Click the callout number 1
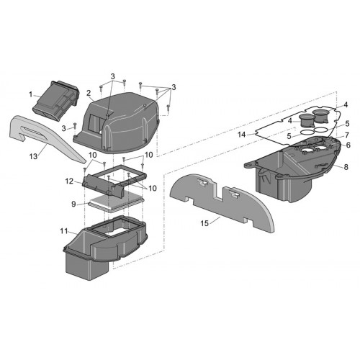click(31, 94)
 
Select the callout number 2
click(89, 93)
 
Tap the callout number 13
click(33, 156)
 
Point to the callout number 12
click(69, 181)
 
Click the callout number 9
click(73, 204)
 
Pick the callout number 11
click(64, 231)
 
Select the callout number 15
click(204, 223)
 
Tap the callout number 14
click(242, 135)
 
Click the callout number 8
click(346, 167)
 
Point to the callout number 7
click(347, 135)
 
